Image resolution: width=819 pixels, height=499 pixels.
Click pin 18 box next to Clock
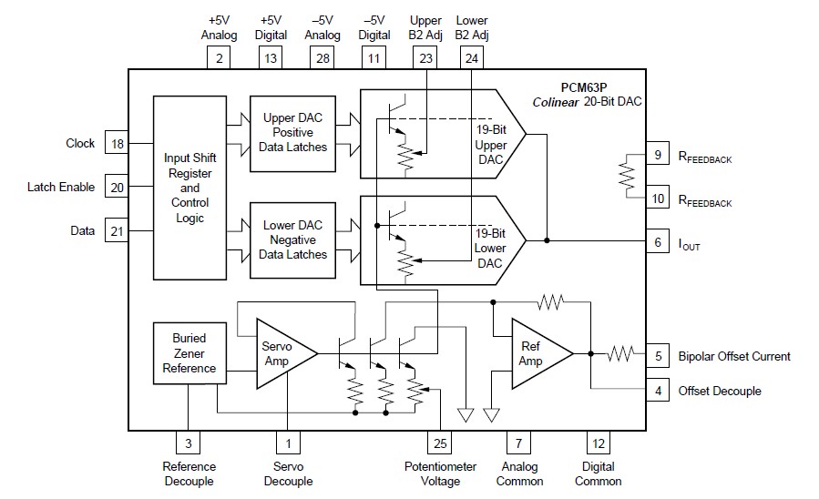click(x=117, y=144)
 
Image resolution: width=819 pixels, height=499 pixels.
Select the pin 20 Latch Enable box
click(x=117, y=188)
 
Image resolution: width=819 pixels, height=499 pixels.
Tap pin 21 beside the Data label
click(x=117, y=231)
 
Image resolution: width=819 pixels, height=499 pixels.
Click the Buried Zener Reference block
click(x=189, y=353)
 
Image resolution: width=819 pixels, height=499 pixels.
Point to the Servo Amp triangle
click(x=279, y=353)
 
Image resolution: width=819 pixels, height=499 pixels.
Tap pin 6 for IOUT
click(x=658, y=242)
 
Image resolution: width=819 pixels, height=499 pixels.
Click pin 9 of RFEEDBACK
click(x=658, y=156)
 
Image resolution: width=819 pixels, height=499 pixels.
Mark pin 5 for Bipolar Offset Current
click(x=658, y=356)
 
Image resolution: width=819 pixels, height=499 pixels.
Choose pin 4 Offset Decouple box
click(x=658, y=392)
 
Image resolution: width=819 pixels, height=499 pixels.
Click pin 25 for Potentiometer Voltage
click(x=439, y=443)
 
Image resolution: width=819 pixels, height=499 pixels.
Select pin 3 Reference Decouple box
click(x=189, y=443)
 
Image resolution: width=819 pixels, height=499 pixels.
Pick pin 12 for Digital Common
click(x=599, y=443)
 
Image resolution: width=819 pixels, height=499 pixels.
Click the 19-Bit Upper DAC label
click(x=490, y=142)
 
